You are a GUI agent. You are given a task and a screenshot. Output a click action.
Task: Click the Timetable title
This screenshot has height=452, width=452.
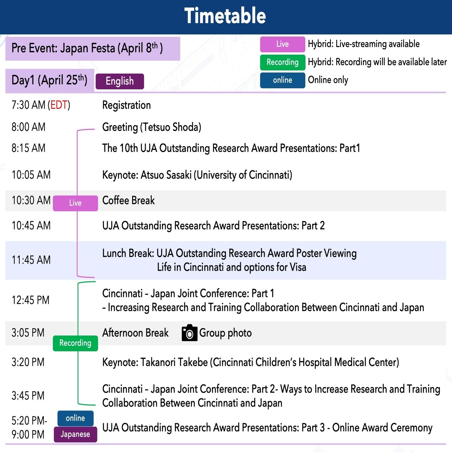(x=225, y=16)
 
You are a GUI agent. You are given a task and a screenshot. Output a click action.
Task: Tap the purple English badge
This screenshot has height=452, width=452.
(x=120, y=81)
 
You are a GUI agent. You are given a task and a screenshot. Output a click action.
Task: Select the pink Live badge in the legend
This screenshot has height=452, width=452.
(x=282, y=44)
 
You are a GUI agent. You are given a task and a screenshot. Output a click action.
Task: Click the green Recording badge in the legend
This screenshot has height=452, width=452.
(x=282, y=62)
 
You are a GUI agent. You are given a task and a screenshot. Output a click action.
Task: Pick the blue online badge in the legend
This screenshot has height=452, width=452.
(x=282, y=80)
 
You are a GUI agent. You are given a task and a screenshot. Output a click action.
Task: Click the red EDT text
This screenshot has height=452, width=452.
(x=59, y=105)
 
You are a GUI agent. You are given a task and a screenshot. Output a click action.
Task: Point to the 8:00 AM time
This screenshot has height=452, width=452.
(x=28, y=127)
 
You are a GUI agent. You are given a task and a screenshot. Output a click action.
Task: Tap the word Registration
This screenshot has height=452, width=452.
(x=126, y=105)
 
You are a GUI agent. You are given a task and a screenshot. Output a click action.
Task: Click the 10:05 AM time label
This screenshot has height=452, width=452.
(x=31, y=175)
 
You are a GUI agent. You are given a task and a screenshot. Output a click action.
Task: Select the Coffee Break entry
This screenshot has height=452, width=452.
(x=129, y=201)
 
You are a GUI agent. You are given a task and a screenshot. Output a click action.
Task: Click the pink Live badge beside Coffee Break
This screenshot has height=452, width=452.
(x=75, y=203)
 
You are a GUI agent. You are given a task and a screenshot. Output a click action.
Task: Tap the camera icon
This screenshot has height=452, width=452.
(x=189, y=333)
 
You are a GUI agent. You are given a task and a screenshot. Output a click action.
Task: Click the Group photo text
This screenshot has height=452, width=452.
(x=225, y=333)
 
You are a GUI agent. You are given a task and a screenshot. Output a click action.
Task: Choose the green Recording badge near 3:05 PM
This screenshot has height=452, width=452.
(x=75, y=343)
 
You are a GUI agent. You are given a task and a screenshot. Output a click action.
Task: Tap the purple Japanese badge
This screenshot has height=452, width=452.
(x=75, y=434)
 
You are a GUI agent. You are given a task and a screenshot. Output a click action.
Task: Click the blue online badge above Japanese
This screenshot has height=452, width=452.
(x=75, y=418)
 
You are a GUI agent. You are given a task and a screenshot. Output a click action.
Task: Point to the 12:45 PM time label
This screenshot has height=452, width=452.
(x=30, y=300)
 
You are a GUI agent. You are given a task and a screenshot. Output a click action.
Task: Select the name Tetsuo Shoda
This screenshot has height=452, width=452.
(x=171, y=127)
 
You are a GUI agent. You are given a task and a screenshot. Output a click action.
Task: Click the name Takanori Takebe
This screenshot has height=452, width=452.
(x=174, y=362)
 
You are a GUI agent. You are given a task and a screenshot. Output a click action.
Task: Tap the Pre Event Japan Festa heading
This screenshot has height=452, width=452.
(x=87, y=48)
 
